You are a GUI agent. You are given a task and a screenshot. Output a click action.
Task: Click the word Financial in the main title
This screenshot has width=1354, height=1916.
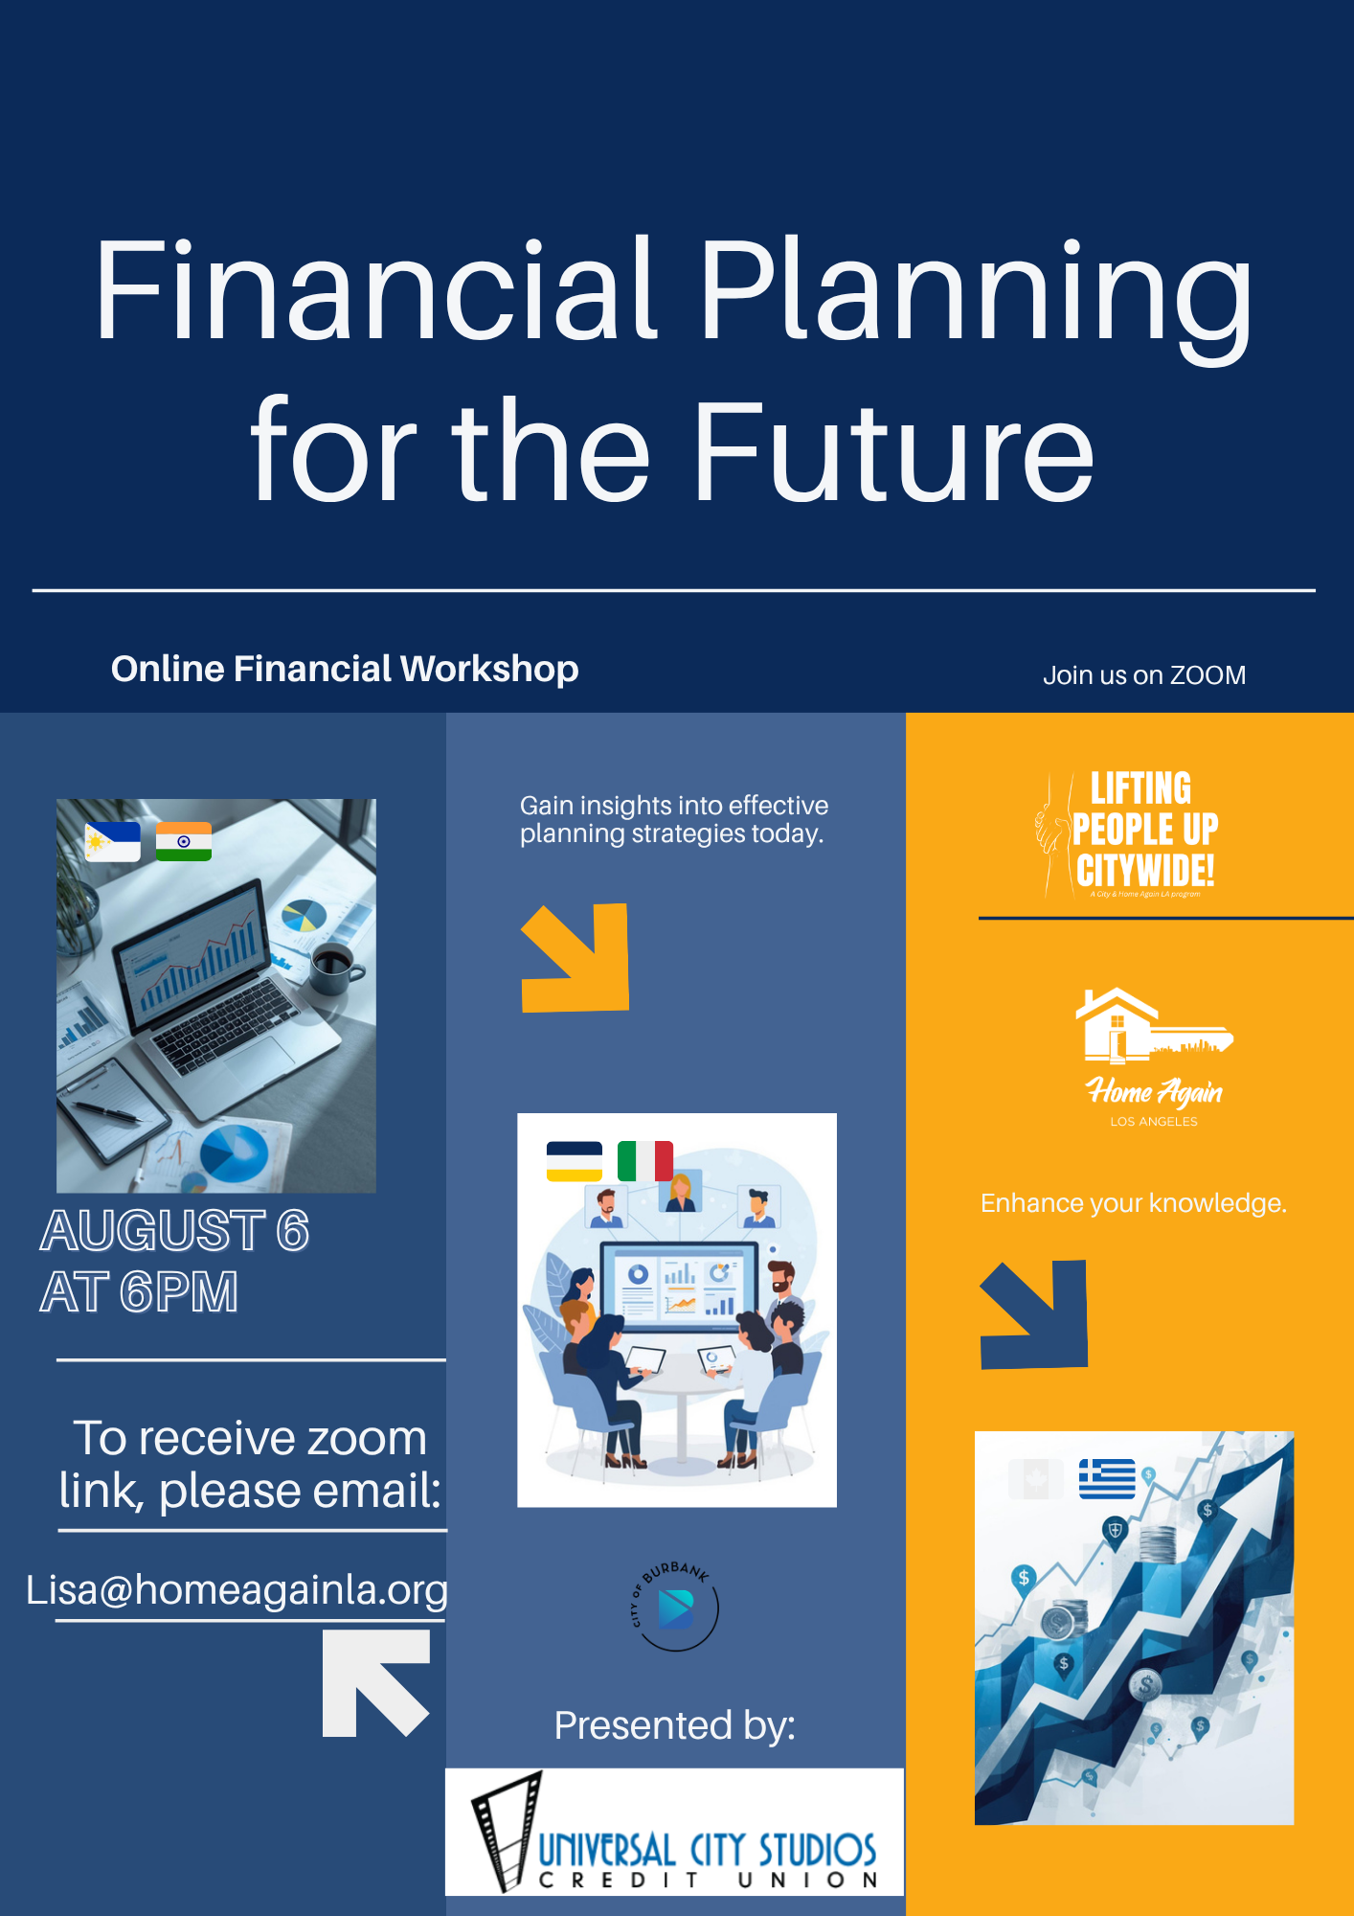(x=376, y=289)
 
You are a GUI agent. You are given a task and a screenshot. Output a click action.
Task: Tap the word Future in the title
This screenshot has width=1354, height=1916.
(x=893, y=450)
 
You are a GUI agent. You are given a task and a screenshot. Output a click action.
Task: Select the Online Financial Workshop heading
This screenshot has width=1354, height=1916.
(x=345, y=669)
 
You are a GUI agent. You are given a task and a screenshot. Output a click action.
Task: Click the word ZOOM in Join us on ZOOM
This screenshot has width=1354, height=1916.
(x=1207, y=675)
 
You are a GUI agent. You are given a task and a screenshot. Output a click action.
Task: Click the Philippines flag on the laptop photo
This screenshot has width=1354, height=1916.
(x=113, y=841)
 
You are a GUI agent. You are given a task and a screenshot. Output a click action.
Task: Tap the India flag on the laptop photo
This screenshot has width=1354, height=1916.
(x=184, y=841)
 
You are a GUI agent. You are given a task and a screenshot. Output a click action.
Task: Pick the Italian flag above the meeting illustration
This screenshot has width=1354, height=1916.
(x=645, y=1161)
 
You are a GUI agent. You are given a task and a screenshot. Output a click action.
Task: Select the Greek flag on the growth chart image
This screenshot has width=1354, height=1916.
(x=1107, y=1478)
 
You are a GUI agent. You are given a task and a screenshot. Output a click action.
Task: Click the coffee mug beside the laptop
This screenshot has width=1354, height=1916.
(x=335, y=969)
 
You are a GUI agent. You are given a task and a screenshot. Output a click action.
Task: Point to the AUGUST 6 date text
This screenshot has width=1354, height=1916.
(x=174, y=1231)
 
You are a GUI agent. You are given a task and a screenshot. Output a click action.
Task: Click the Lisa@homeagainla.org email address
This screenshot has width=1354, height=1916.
(x=237, y=1590)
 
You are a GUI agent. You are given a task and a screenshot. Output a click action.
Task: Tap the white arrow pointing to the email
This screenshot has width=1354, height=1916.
(x=375, y=1683)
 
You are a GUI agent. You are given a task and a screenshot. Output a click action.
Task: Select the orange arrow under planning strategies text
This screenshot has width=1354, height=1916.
(x=575, y=957)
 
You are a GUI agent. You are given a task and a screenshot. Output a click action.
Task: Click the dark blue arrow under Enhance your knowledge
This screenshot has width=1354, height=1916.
(x=1034, y=1314)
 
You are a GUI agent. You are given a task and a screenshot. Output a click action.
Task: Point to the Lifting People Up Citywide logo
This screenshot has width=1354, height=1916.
(x=1128, y=834)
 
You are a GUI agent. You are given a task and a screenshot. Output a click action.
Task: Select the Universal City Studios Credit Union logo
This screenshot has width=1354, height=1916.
(x=675, y=1832)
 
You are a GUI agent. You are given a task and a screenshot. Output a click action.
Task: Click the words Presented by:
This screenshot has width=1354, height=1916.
(x=675, y=1725)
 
